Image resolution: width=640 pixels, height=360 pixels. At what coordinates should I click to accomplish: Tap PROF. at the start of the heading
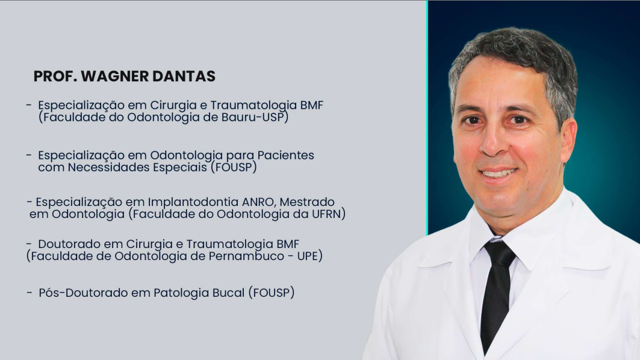pos(55,77)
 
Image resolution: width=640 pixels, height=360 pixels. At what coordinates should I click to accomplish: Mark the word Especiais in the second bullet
pos(181,168)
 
